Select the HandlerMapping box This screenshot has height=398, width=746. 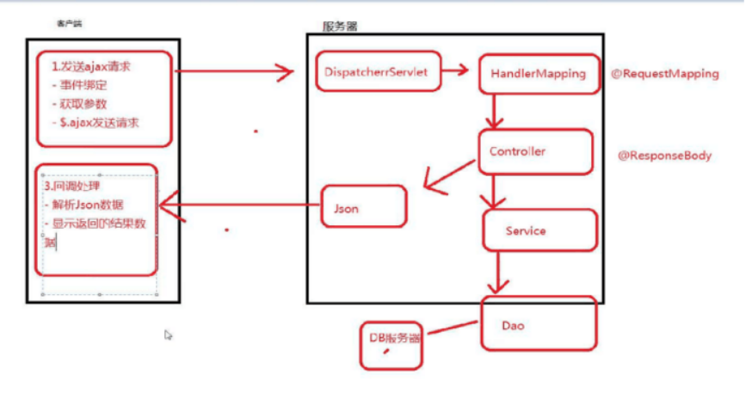[538, 74]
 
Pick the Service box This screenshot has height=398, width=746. [539, 230]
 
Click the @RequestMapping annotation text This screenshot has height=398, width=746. [663, 74]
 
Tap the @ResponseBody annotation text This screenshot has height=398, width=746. [664, 156]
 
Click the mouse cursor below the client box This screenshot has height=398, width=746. [169, 334]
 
